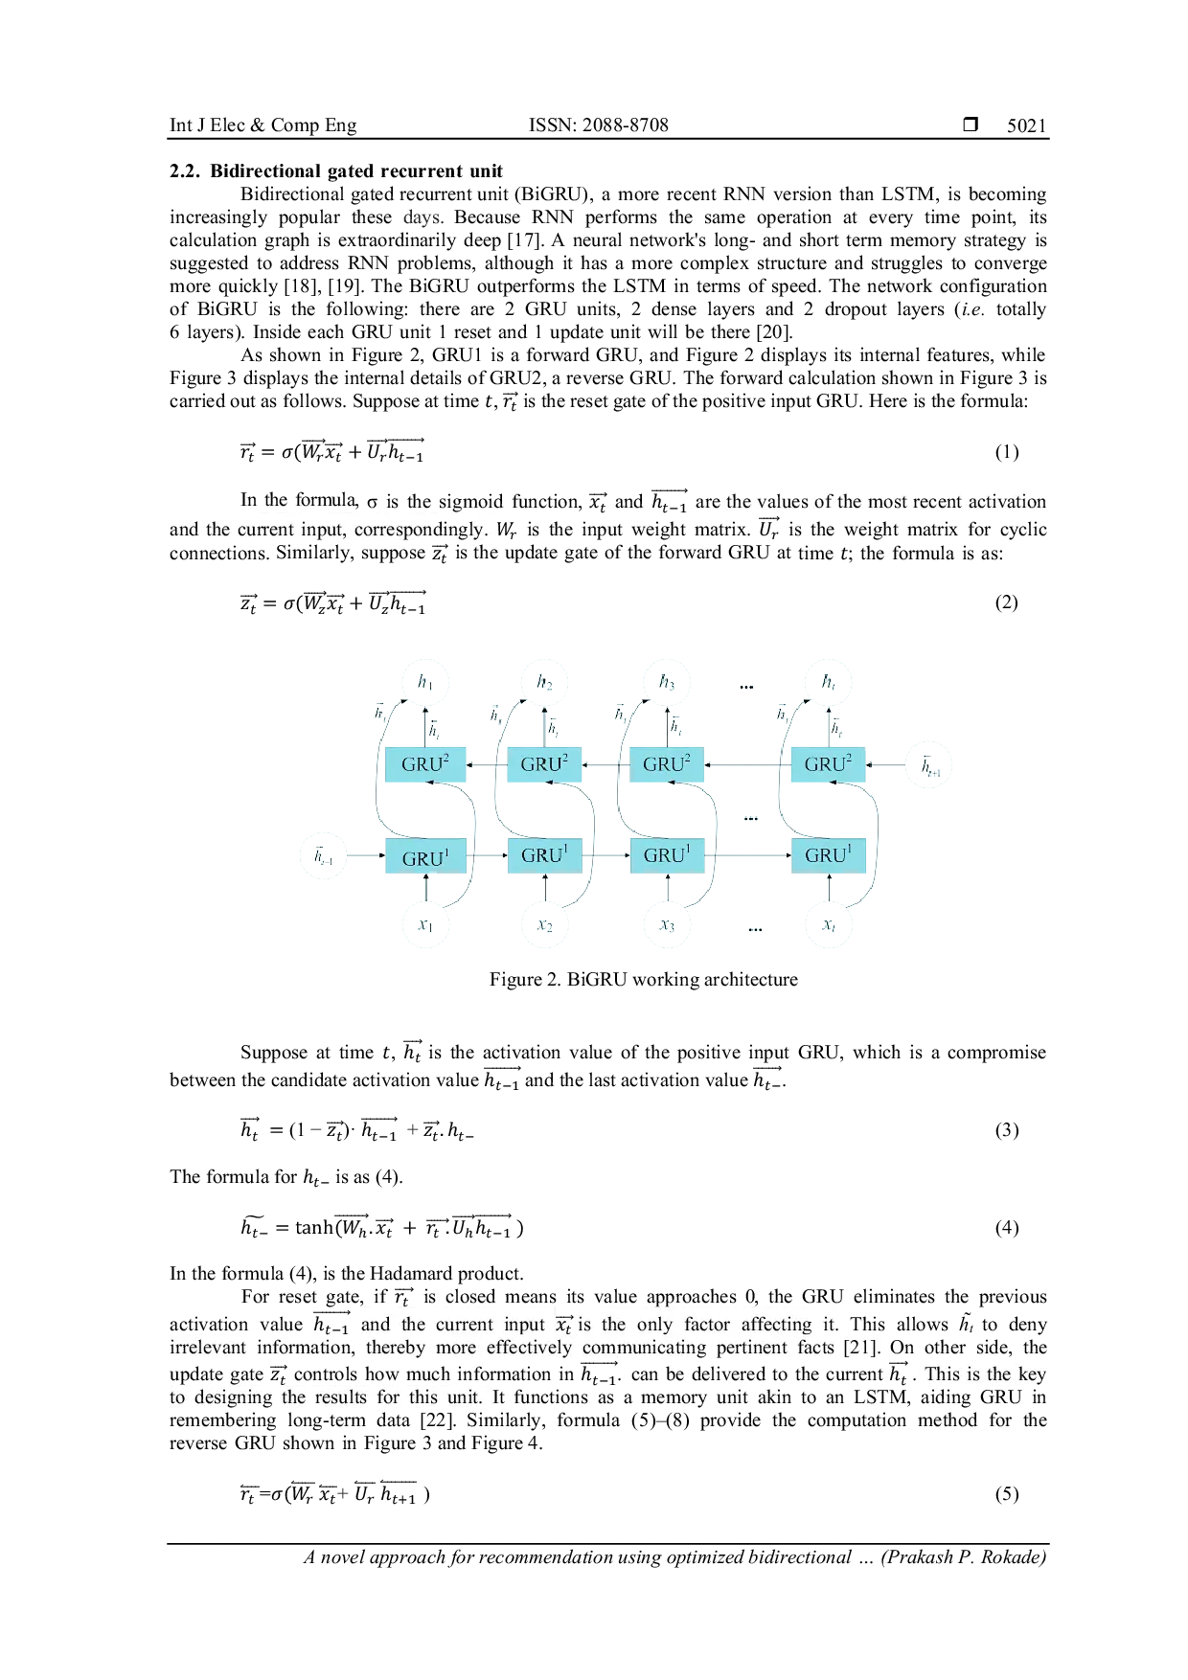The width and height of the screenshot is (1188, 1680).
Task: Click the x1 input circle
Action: [424, 926]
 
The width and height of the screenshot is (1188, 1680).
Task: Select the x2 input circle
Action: [544, 926]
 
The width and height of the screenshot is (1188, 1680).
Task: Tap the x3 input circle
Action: [667, 926]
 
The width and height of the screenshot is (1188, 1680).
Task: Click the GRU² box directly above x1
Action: [424, 764]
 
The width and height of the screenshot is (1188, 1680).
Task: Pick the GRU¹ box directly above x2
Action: [544, 854]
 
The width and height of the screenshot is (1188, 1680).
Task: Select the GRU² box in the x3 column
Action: [667, 764]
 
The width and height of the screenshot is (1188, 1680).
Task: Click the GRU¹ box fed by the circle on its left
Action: [424, 856]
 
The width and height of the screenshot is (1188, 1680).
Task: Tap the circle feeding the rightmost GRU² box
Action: [928, 763]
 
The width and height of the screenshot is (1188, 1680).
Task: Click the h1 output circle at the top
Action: [424, 682]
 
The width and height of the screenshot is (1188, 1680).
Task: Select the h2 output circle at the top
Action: [544, 682]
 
